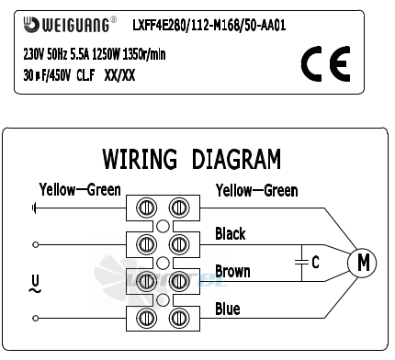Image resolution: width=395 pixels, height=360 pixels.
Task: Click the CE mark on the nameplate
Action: coord(325,64)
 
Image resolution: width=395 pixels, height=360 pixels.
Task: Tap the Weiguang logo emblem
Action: coord(31,25)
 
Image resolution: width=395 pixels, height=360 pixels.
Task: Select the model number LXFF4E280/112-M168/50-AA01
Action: coord(209,25)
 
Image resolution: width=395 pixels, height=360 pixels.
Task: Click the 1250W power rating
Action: coord(106,54)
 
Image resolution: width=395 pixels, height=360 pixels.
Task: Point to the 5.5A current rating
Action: coord(80,54)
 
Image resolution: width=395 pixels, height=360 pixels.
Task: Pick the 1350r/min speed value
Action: coord(144,54)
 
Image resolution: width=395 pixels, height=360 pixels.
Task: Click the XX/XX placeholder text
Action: coord(119,75)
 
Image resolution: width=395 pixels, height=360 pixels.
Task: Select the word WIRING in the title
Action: coord(140,159)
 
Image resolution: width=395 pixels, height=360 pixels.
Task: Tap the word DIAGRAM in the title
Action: coord(236,159)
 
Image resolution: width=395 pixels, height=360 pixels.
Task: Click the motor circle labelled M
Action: coord(362,263)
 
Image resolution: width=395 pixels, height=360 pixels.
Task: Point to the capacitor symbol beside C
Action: coord(301,262)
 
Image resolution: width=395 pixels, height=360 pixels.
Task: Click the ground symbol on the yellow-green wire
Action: coord(34,208)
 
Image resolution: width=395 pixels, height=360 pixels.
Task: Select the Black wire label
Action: coord(231,233)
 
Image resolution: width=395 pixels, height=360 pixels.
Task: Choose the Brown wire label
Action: coord(232,272)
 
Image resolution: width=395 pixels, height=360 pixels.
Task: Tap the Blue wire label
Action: coord(228,309)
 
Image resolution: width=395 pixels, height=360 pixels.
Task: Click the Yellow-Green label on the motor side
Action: coord(256,191)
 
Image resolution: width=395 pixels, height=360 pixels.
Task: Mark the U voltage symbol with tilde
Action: coord(35,285)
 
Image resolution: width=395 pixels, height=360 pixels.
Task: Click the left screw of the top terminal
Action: coord(146,208)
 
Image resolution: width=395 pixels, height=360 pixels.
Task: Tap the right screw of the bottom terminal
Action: coord(179,318)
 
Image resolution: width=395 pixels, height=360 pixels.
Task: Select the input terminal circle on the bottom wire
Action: coord(36,319)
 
